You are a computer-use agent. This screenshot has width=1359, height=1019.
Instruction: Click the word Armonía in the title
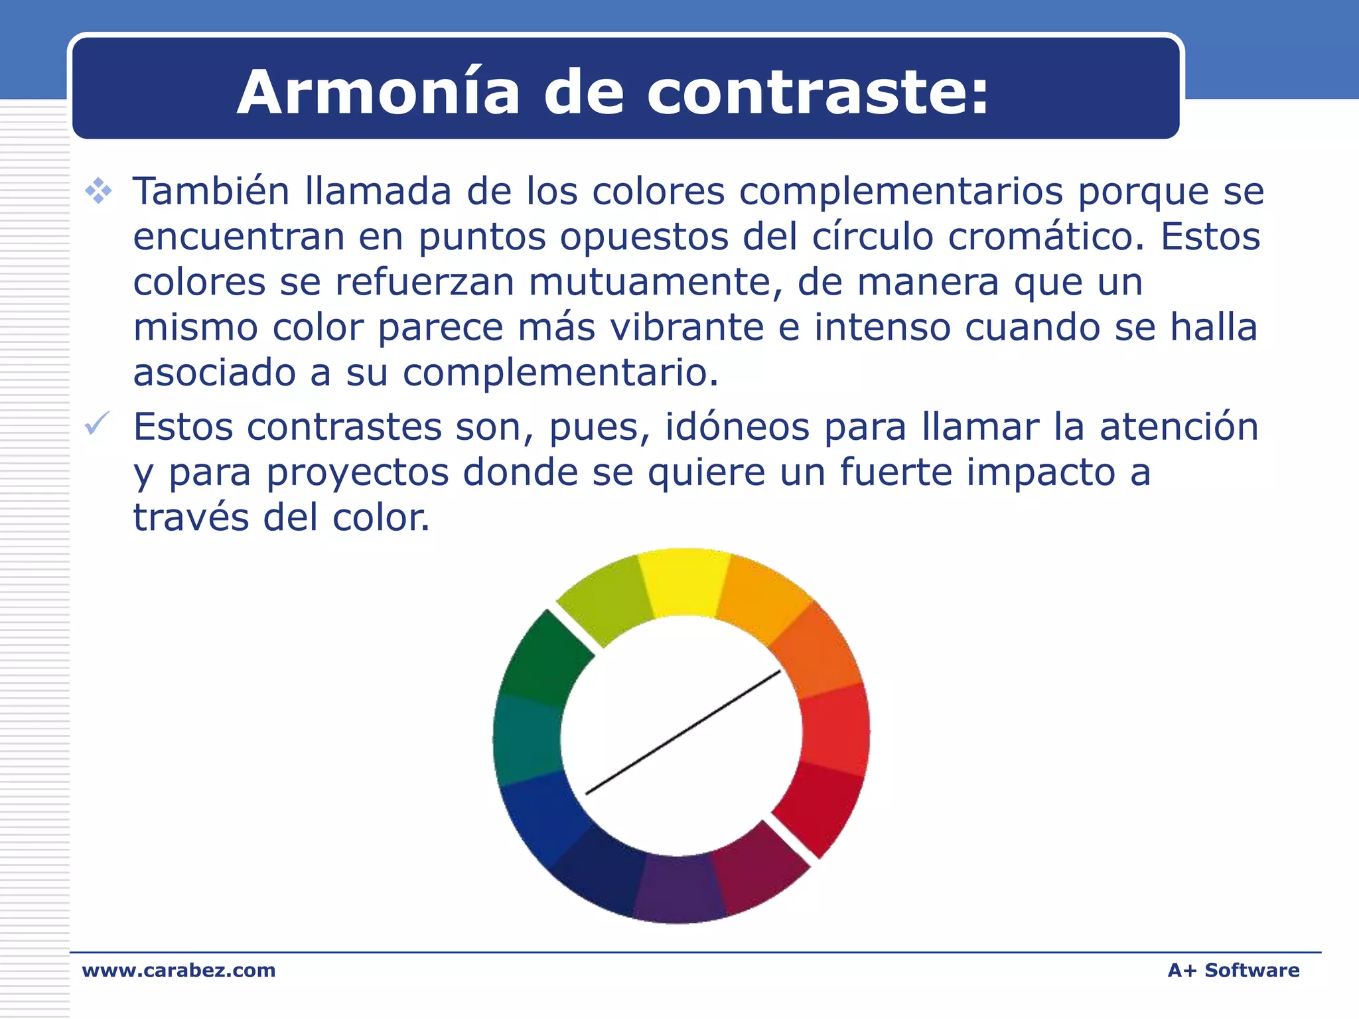378,92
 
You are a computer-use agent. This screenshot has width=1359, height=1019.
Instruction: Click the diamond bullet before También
98,191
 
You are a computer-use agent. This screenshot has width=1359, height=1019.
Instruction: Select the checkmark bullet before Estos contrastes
97,424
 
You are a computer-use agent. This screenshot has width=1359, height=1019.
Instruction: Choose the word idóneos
737,427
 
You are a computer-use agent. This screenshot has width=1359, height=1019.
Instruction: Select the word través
191,517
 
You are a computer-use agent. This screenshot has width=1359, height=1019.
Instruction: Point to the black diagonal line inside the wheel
683,732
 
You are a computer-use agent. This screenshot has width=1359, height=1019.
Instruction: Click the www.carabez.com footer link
179,971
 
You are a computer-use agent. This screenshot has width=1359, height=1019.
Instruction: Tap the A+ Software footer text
1233,971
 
